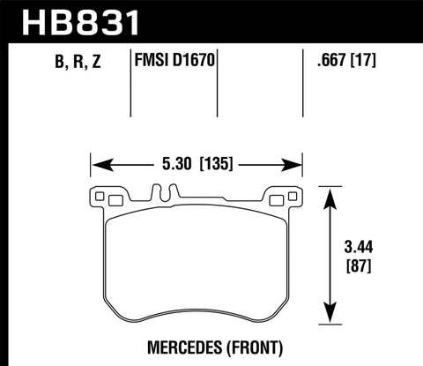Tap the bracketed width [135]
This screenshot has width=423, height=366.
tap(215, 163)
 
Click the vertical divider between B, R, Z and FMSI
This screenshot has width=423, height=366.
tap(131, 79)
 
